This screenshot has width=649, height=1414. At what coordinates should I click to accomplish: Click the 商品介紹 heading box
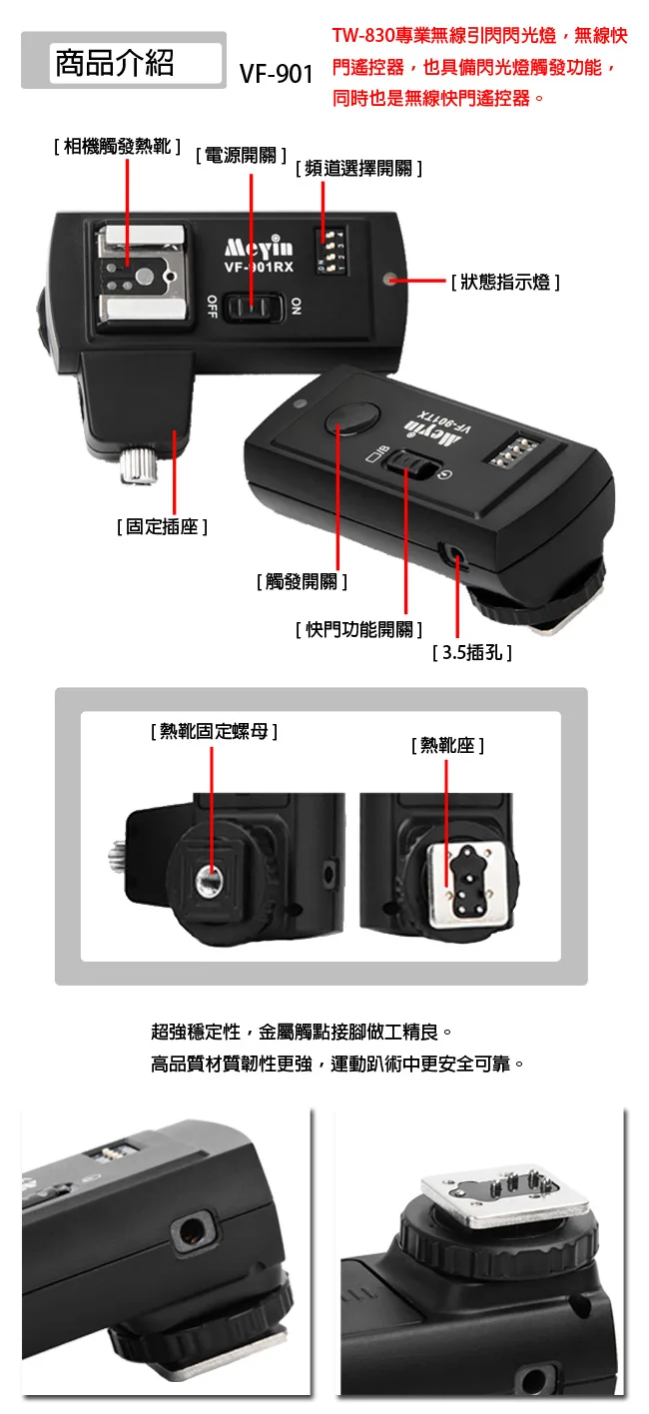[123, 61]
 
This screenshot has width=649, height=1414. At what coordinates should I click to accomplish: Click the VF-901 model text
[276, 75]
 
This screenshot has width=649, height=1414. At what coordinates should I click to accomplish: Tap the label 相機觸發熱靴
[118, 147]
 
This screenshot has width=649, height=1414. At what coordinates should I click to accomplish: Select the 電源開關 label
[242, 156]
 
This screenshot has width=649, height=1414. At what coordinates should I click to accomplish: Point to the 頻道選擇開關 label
[358, 169]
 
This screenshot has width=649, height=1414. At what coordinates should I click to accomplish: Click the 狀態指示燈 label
[505, 283]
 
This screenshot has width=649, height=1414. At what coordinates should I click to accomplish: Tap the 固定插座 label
[162, 526]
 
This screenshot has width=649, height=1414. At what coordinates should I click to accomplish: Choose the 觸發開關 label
[302, 581]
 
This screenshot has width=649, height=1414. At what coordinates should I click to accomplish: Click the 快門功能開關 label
[358, 629]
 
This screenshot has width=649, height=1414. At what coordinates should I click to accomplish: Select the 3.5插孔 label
[471, 652]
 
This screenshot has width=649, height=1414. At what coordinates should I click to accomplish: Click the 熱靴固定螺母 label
[214, 731]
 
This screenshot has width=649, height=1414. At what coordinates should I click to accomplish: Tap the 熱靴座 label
[447, 746]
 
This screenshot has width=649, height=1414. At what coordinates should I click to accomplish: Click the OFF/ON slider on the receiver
[254, 307]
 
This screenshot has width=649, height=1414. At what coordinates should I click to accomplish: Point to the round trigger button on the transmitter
[351, 419]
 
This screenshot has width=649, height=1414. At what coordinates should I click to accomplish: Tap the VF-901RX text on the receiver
[259, 267]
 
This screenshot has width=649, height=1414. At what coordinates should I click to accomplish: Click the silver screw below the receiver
[140, 466]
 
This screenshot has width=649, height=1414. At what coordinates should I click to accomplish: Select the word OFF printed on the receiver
[212, 307]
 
